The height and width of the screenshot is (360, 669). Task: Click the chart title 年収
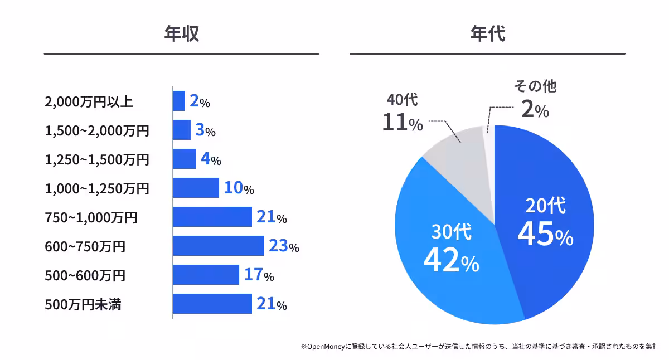tap(181, 35)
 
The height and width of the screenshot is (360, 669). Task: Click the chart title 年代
tap(487, 35)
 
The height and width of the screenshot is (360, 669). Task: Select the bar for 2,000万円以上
tap(178, 101)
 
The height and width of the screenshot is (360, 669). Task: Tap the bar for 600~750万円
tap(218, 246)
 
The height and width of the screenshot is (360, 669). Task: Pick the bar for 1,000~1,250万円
tap(195, 188)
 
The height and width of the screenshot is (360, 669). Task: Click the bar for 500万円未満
tap(212, 304)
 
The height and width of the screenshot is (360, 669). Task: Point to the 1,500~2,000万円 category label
tap(97, 131)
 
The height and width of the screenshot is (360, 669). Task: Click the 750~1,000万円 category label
tap(90, 217)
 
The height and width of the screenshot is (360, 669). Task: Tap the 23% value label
tap(284, 246)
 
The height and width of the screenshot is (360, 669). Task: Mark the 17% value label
tap(259, 275)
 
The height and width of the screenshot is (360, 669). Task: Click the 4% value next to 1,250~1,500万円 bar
tap(211, 159)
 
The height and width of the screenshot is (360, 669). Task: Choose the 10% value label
tap(239, 188)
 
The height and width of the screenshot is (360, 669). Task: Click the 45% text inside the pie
tap(545, 234)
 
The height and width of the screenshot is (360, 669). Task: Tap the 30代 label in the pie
tap(452, 232)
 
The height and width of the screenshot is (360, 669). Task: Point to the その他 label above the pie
tap(535, 86)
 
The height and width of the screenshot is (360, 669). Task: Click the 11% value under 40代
tap(402, 123)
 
